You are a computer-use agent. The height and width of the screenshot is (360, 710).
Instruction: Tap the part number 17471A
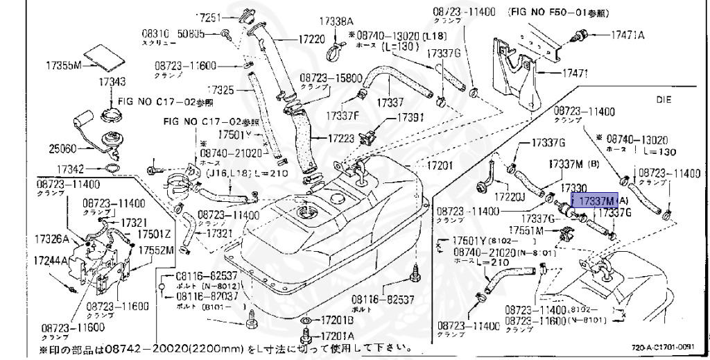(627, 34)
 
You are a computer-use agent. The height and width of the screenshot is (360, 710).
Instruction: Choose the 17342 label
(70, 169)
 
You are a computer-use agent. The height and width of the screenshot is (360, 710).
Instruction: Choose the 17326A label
(51, 239)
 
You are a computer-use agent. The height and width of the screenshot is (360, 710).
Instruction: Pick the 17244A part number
(51, 262)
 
